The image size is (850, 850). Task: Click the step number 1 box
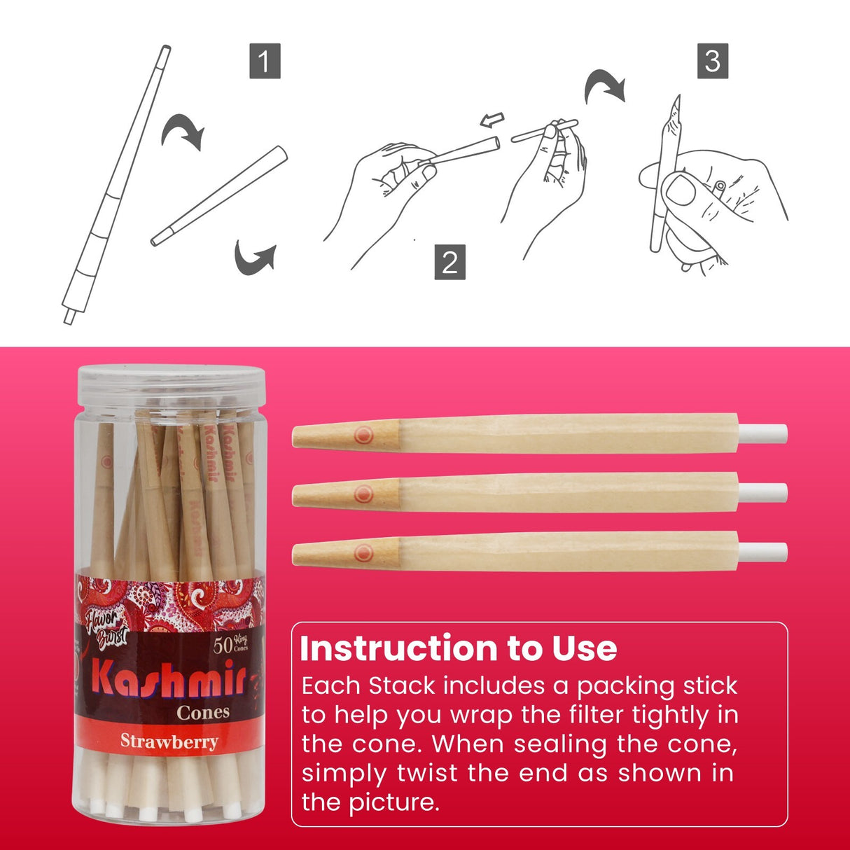[x=265, y=61]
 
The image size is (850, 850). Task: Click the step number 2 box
[x=450, y=262]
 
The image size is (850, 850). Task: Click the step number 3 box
[x=712, y=61]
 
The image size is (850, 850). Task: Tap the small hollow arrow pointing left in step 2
[x=492, y=120]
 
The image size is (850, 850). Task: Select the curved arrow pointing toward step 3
[x=604, y=85]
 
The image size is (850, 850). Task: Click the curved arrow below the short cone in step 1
[x=254, y=258]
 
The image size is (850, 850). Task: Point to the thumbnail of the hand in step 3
[x=679, y=189]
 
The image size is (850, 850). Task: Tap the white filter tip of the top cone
[x=763, y=434]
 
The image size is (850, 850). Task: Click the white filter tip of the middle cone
[x=763, y=493]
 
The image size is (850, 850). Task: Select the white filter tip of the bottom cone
[x=763, y=552]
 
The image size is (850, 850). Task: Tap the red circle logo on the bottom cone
[x=363, y=553]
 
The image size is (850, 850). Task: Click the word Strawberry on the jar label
[x=169, y=741]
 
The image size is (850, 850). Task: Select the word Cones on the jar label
[x=203, y=713]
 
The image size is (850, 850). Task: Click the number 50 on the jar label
[x=223, y=645]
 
